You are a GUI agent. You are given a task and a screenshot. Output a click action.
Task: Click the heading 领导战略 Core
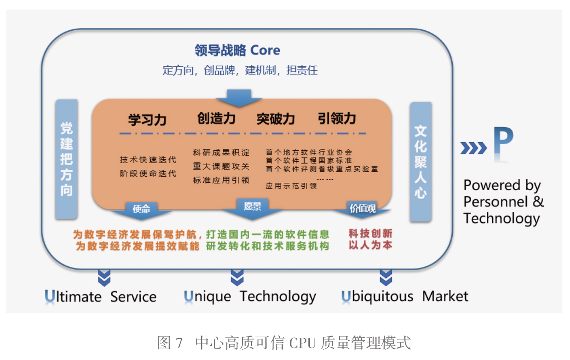click(237, 51)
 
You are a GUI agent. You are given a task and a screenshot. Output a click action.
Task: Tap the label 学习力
click(147, 119)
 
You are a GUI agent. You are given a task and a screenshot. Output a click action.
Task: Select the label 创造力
click(217, 118)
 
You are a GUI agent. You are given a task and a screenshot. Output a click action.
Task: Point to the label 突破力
click(276, 119)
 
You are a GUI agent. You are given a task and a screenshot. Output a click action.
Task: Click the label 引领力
click(337, 118)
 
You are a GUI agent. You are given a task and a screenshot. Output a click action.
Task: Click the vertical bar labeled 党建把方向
click(66, 159)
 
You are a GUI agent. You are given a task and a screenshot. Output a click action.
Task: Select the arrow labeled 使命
click(141, 209)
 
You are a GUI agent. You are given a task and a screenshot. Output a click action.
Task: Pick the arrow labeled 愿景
click(252, 208)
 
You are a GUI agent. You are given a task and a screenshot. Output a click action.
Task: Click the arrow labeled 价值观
click(362, 209)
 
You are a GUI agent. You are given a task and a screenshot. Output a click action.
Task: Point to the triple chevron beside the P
click(473, 148)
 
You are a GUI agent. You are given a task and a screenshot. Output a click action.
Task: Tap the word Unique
click(207, 297)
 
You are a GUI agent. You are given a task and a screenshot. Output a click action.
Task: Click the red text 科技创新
click(370, 234)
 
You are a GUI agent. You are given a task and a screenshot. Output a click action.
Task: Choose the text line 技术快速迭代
click(148, 160)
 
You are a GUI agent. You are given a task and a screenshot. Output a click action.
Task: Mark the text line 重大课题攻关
click(221, 166)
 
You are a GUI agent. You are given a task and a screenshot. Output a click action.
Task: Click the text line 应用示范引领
click(291, 186)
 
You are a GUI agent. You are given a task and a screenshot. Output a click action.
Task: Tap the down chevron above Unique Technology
click(237, 277)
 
